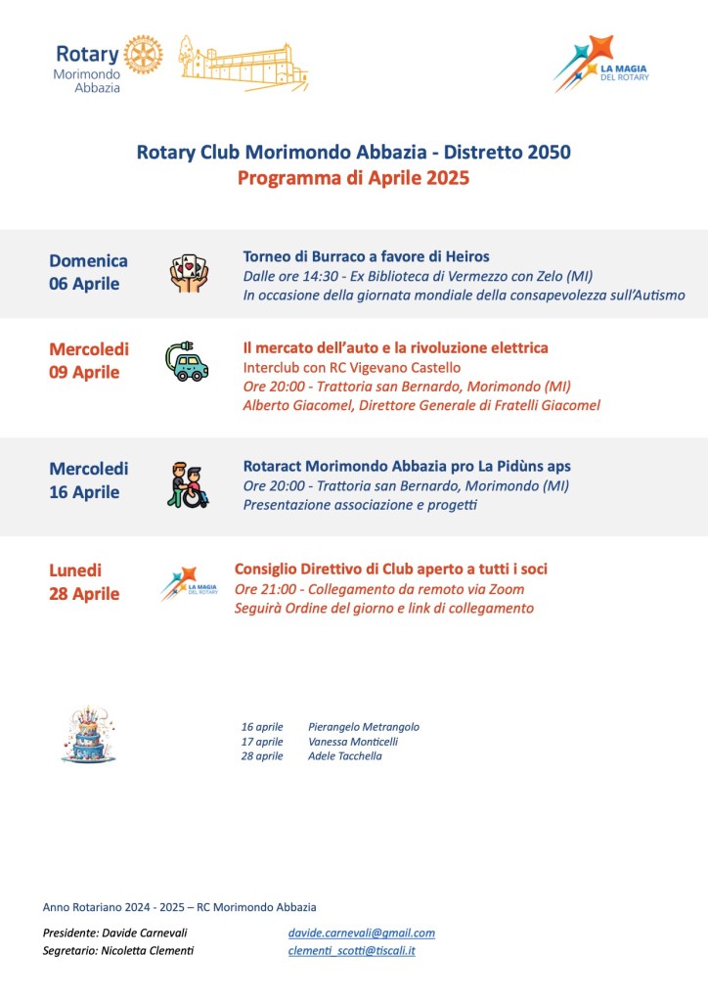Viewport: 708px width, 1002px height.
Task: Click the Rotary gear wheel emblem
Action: pos(144,55)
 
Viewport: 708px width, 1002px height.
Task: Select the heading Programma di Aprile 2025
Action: pos(353,178)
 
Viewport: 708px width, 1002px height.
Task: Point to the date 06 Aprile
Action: pos(84,284)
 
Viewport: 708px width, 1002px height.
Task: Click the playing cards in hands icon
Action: pos(189,273)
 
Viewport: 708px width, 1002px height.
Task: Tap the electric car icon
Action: pos(187,362)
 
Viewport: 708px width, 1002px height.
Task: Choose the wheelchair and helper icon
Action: pos(187,483)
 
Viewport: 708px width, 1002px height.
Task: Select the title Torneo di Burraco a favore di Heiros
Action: pos(366,256)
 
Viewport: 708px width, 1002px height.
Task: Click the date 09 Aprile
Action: pos(84,372)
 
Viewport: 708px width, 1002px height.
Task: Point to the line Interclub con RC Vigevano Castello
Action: pos(351,367)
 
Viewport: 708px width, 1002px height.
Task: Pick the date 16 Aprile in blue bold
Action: pos(84,492)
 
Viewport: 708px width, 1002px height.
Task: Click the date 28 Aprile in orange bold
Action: pos(84,594)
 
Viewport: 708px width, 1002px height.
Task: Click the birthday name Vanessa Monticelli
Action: pos(353,742)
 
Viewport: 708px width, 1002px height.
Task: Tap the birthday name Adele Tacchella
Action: pos(345,756)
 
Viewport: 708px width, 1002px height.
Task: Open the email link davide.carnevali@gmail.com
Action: pos(361,934)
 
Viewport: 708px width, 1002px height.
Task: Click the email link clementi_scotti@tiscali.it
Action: pos(351,951)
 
